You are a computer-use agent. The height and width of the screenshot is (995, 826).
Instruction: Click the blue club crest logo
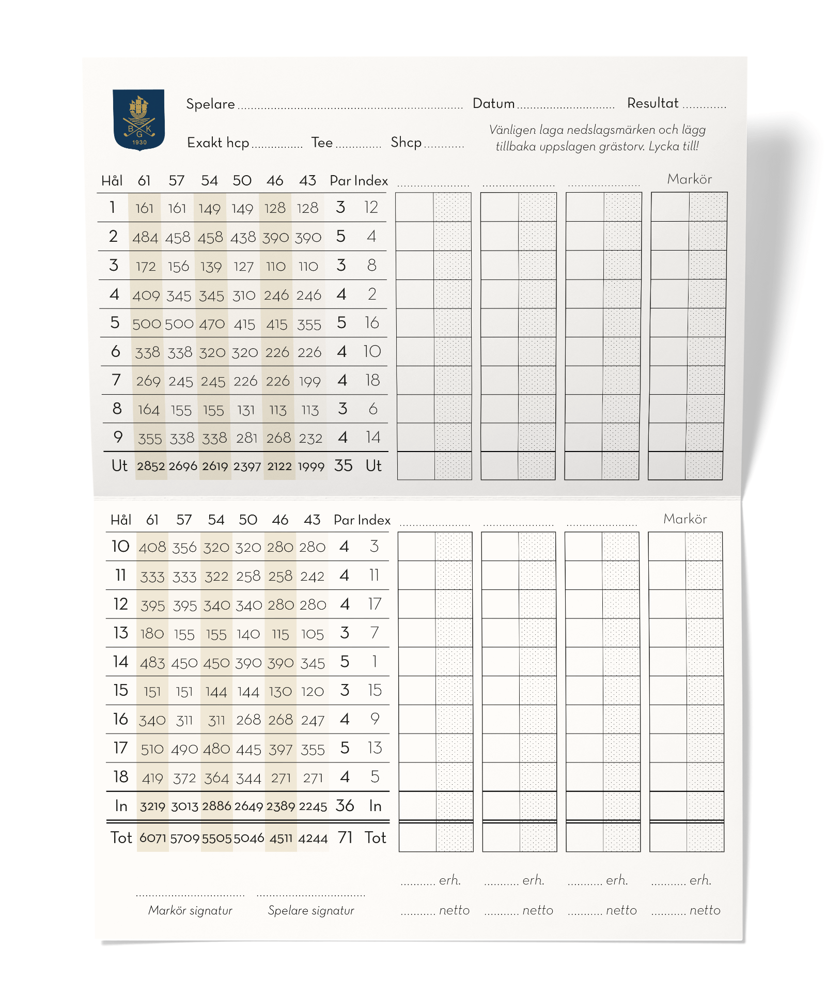point(139,119)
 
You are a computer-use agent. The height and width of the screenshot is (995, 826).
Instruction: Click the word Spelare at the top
point(210,104)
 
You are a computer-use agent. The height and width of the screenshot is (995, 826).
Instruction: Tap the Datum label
point(493,103)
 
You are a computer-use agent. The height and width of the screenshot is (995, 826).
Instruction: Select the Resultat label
point(652,103)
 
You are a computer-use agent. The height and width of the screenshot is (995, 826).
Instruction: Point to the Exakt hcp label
point(218,143)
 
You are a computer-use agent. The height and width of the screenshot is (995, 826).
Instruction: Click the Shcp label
point(406,142)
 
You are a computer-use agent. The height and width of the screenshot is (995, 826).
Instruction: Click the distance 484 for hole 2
point(145,237)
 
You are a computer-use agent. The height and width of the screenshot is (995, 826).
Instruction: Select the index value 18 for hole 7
point(372,380)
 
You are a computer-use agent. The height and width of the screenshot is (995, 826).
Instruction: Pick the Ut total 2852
point(151,466)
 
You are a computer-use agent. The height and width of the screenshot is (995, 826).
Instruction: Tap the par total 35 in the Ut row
point(343,465)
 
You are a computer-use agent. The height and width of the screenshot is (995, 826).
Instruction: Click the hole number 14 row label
point(120,662)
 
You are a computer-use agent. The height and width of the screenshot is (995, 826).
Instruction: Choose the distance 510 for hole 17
point(152,749)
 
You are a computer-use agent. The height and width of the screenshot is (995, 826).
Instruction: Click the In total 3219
point(152,806)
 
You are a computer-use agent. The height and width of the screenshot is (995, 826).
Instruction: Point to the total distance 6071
point(153,838)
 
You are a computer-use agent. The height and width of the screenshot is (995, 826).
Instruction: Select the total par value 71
point(345,837)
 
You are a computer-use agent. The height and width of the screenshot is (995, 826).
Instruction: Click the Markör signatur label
point(190,910)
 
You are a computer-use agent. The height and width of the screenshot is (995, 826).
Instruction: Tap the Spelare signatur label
point(311,910)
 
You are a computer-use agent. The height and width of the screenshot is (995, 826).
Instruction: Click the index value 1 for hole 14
point(375,662)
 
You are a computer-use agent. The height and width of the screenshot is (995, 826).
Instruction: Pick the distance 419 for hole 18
point(152,778)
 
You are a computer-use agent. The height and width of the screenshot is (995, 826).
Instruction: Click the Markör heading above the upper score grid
point(689,179)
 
